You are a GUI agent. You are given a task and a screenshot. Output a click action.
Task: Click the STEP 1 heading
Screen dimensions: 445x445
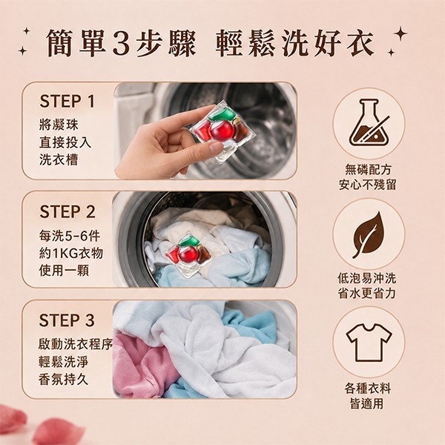click(x=67, y=102)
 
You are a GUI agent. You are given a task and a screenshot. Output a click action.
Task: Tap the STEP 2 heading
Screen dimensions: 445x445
click(x=67, y=211)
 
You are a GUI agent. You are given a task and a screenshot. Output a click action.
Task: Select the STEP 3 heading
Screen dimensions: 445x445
click(x=67, y=320)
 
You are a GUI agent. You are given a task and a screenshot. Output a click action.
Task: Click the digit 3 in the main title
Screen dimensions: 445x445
click(x=122, y=43)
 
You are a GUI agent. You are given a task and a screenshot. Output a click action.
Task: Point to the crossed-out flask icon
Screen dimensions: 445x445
click(x=369, y=122)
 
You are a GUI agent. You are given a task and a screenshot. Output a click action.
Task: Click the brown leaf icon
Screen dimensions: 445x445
click(x=368, y=234)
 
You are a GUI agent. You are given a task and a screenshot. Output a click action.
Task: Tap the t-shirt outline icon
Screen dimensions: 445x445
click(x=369, y=342)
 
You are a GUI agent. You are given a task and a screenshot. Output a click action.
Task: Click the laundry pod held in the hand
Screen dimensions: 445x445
click(x=223, y=132)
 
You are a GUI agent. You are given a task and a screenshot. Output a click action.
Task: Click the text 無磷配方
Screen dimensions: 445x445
click(x=368, y=170)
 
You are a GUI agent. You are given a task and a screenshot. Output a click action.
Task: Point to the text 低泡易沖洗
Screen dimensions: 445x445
click(x=366, y=278)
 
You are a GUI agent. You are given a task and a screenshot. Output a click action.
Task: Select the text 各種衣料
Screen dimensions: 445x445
click(x=368, y=388)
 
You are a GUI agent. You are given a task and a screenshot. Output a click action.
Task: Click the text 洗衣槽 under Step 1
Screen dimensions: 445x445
click(x=59, y=159)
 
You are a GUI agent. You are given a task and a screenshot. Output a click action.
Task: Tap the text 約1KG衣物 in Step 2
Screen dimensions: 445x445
click(x=71, y=253)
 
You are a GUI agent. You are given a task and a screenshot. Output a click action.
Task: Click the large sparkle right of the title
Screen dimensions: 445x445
click(x=400, y=33)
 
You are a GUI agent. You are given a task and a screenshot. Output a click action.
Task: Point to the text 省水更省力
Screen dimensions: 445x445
click(x=366, y=293)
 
